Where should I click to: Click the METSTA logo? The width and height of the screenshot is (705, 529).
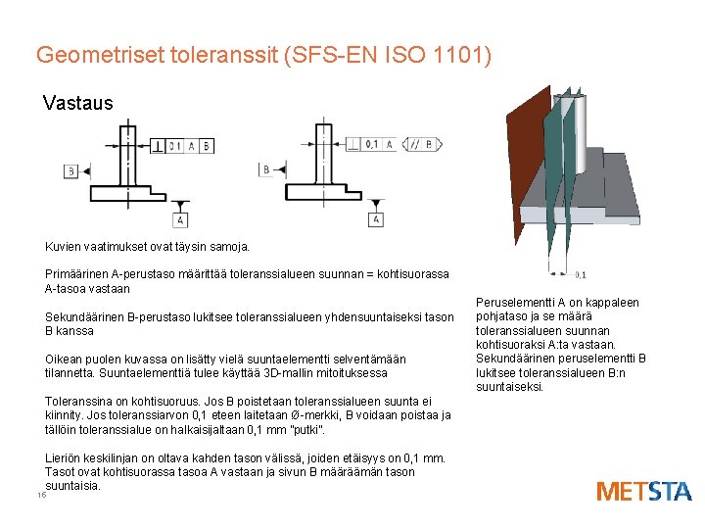point(643,491)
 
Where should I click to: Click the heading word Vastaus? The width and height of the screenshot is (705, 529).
point(78,103)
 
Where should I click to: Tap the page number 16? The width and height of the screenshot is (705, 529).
point(41,495)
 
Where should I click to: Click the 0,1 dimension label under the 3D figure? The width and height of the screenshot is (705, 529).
point(581,275)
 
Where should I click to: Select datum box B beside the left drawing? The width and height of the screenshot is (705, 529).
point(70,171)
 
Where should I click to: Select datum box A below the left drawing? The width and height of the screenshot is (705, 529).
point(181,219)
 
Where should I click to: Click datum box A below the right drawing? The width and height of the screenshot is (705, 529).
point(376,219)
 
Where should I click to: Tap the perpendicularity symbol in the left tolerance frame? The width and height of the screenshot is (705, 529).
point(158,146)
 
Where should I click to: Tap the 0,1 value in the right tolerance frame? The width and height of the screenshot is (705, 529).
point(372,144)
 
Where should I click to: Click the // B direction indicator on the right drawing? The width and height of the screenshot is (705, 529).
point(422,144)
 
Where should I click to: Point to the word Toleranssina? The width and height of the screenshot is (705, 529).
point(79,402)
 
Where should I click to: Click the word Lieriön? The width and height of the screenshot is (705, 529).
point(65,457)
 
